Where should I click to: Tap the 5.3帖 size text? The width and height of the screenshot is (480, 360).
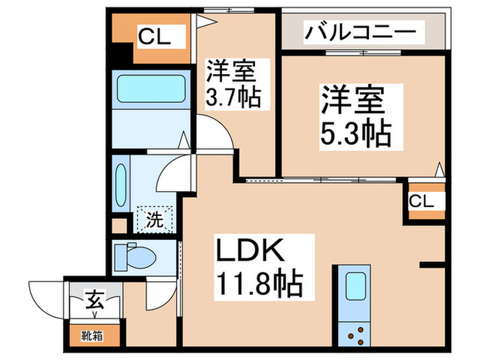pyautogui.click(x=356, y=133)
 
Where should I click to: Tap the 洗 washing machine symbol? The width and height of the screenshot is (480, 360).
pyautogui.click(x=154, y=221)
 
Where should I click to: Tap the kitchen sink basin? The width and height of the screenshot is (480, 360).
pyautogui.click(x=355, y=285)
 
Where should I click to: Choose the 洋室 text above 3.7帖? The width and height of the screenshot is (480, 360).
pyautogui.click(x=232, y=72)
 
